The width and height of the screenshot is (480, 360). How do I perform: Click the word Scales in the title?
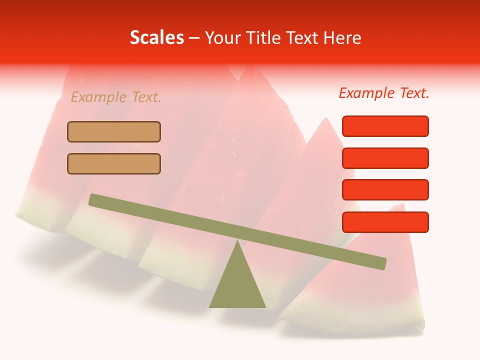pos(156,38)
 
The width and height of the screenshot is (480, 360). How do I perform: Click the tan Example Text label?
pos(116,97)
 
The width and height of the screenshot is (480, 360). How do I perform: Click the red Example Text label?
pos(384,93)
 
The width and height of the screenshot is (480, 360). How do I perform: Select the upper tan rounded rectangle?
pos(114,132)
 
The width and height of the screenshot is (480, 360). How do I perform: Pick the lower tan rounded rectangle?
pos(114,163)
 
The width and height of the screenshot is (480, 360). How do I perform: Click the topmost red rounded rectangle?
pos(385,126)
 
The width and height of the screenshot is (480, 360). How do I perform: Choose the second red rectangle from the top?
pos(385,158)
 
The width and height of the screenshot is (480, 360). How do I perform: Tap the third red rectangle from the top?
pos(385,189)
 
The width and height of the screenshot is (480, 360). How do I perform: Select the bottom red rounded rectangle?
pos(385,222)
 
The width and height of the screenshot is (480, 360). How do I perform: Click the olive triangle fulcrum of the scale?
pos(237,285)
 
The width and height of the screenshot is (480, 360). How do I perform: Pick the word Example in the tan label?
pos(98,97)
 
